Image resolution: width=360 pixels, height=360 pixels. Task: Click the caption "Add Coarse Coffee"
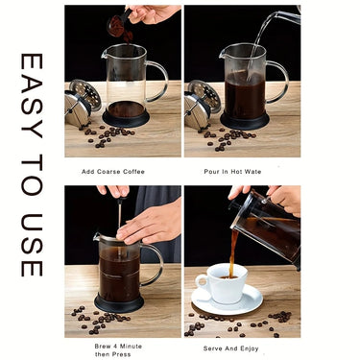[x=114, y=172]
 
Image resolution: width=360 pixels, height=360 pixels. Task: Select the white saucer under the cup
[x=227, y=301]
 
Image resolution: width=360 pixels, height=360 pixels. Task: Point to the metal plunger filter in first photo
[x=81, y=101]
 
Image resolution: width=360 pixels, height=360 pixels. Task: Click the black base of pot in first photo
[x=126, y=118]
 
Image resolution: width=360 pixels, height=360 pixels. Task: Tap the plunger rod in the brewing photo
[x=118, y=221]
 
